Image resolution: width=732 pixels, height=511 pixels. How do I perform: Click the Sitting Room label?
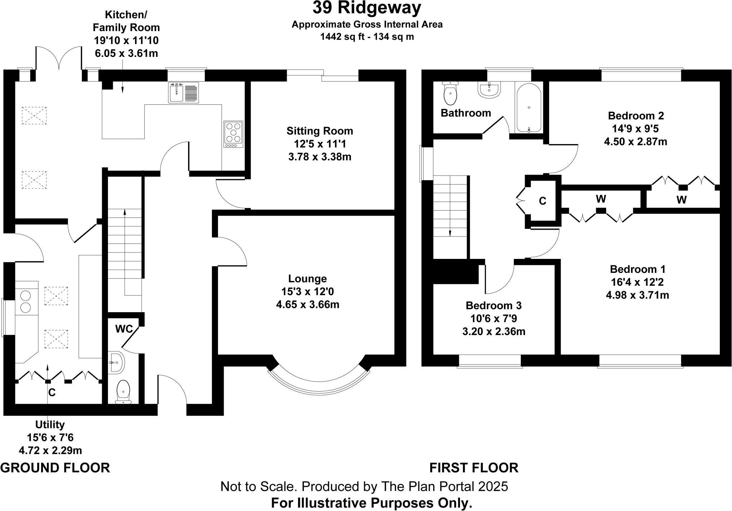(320, 131)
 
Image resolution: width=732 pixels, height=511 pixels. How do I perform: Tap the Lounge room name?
(307, 279)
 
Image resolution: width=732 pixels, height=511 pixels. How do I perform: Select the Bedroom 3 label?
(494, 305)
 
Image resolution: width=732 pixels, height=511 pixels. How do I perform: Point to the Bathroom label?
(466, 113)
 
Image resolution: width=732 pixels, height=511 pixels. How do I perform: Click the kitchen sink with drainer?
(183, 93)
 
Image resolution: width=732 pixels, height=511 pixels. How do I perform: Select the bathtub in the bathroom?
(529, 108)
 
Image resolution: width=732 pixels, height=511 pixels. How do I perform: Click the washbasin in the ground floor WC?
(117, 363)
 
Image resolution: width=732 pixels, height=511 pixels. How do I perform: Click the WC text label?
(124, 329)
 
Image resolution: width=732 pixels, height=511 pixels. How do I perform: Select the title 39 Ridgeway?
(367, 8)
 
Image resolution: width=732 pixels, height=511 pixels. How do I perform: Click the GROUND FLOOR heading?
(55, 468)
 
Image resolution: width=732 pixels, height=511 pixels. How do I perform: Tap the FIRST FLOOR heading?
(474, 468)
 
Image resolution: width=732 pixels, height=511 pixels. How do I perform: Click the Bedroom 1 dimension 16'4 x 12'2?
(637, 282)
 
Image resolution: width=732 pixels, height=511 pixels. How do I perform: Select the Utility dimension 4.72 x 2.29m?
(50, 450)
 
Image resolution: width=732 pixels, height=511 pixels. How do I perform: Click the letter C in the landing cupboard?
(542, 201)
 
